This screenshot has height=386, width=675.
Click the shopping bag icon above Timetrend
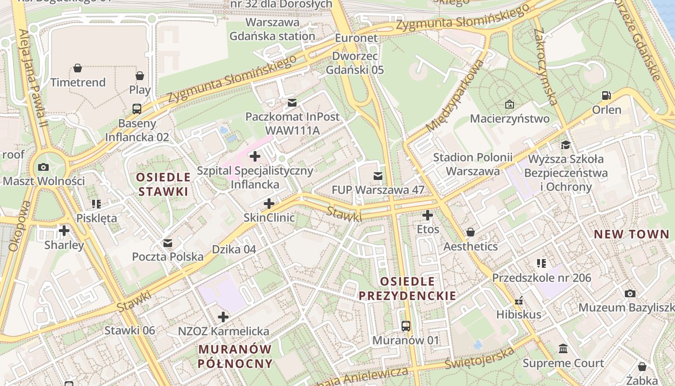tap(78, 68)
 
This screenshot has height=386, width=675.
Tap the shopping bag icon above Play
tap(140, 76)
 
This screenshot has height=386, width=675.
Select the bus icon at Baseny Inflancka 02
tap(137, 109)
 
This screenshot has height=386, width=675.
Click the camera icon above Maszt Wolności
tap(43, 167)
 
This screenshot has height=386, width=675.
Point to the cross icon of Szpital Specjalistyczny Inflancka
tap(255, 156)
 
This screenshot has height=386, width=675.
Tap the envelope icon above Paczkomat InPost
tap(292, 102)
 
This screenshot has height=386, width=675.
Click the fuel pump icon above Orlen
tap(607, 96)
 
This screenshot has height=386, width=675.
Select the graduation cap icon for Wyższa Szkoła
tap(565, 145)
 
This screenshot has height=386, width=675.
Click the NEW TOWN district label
tap(631, 234)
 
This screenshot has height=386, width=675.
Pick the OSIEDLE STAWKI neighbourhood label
tap(163, 184)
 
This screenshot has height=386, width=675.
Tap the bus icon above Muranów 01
tap(406, 326)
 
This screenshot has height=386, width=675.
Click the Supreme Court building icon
tap(563, 348)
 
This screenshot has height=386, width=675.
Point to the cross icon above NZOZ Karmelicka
tap(223, 317)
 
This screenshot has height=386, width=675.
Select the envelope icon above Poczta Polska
tap(168, 243)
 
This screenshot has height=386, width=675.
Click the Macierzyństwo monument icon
tap(510, 104)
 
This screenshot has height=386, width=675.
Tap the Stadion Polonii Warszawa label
tap(472, 164)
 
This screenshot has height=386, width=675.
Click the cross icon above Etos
tap(428, 215)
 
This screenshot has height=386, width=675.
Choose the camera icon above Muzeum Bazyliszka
tap(630, 293)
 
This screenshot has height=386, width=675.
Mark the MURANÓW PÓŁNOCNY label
tap(235, 356)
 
